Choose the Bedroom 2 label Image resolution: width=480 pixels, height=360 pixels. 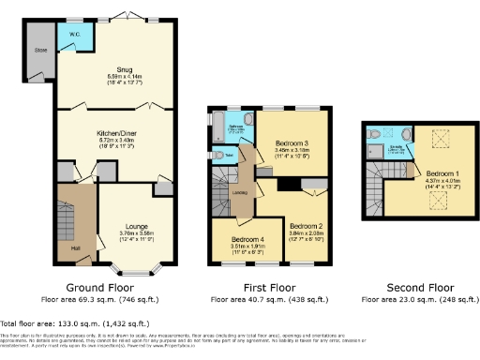point(306,227)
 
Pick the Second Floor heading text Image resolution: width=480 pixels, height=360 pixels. point(416,287)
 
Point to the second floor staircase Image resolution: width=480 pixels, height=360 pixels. point(376,188)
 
